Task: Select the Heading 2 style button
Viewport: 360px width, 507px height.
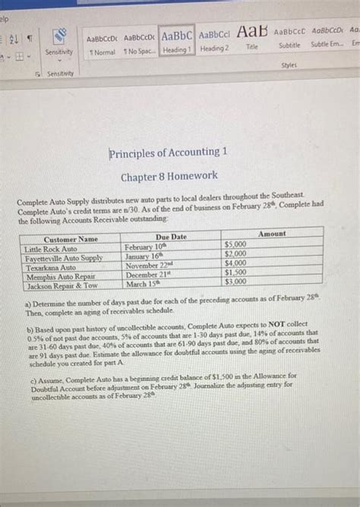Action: pos(214,40)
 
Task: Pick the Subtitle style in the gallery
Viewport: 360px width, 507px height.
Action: pos(289,39)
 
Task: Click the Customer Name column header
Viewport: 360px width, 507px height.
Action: pos(71,238)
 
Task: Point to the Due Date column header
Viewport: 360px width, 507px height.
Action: pos(171,237)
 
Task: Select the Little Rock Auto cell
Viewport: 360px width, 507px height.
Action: pos(51,248)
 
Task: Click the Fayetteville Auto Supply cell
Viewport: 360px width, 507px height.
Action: pos(64,257)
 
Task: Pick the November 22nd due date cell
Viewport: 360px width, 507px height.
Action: pos(150,266)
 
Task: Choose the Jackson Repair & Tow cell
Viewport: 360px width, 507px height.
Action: pos(61,285)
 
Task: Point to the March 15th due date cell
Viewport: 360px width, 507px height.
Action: pos(143,283)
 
